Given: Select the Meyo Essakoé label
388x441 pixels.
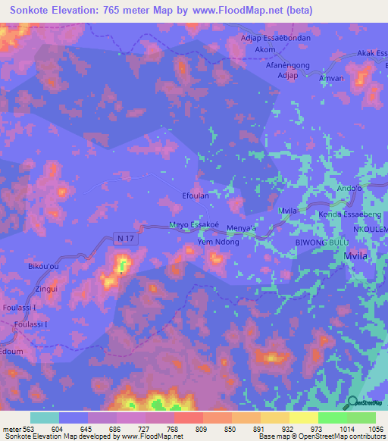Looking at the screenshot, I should click(194, 225).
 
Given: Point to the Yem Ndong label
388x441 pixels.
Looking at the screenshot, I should click(218, 242).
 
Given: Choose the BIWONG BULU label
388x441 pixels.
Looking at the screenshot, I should click(322, 242).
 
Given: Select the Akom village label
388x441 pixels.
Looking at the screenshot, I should click(265, 49).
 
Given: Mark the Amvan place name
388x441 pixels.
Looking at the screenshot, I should click(331, 79).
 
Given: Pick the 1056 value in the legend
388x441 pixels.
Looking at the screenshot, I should click(375, 429).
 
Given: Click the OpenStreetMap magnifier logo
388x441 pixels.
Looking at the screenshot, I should click(352, 402).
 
